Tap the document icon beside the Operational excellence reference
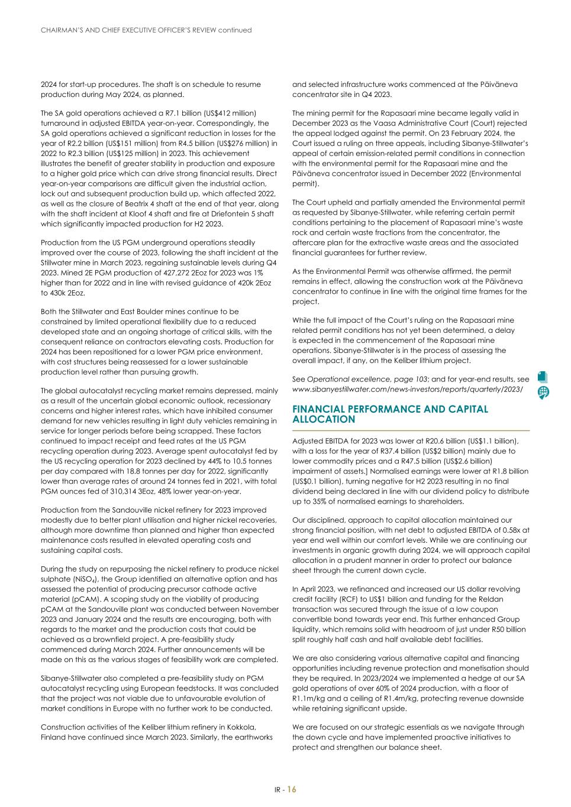coord(543,377)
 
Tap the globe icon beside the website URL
coord(543,392)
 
